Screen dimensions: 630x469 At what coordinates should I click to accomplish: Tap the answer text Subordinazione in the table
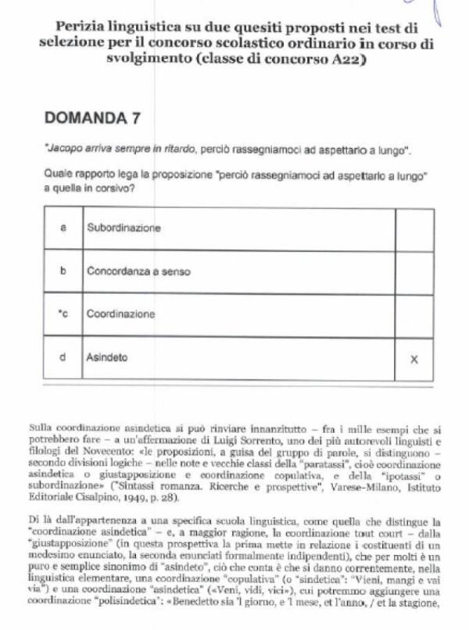coord(124,228)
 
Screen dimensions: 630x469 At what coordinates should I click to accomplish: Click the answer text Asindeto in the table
coord(107,357)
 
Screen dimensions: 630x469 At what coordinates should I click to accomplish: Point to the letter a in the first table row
coord(63,228)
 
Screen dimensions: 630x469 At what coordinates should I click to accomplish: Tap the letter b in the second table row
coord(63,271)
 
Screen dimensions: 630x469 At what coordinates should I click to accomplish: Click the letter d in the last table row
coord(63,357)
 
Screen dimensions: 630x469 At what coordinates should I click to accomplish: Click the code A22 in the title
coord(349,60)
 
